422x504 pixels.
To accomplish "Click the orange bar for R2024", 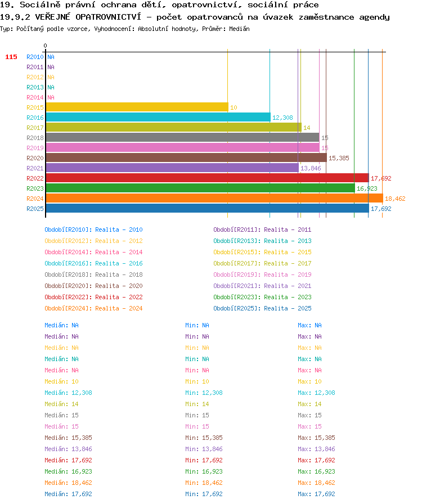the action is point(214,199).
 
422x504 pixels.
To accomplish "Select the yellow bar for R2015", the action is point(137,107).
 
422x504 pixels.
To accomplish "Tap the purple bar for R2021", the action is point(172,168).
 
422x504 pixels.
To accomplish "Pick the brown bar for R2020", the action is point(187,158).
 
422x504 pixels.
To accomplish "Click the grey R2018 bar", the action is point(183,138).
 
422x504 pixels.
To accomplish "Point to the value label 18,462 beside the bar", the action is point(395,199).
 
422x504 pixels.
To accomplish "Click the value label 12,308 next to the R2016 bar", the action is point(282,118).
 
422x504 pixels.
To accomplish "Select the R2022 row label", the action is point(35,178).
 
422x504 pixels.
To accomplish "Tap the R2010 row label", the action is point(35,57).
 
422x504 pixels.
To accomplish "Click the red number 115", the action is point(11,57).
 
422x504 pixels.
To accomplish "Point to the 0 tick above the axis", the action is point(45,46).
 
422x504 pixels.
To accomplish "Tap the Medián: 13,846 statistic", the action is point(68,449).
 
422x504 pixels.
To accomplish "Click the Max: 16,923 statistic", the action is point(316,471).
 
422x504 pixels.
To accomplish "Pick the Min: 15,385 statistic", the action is point(204,438).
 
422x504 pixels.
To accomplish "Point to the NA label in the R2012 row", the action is point(51,77).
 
